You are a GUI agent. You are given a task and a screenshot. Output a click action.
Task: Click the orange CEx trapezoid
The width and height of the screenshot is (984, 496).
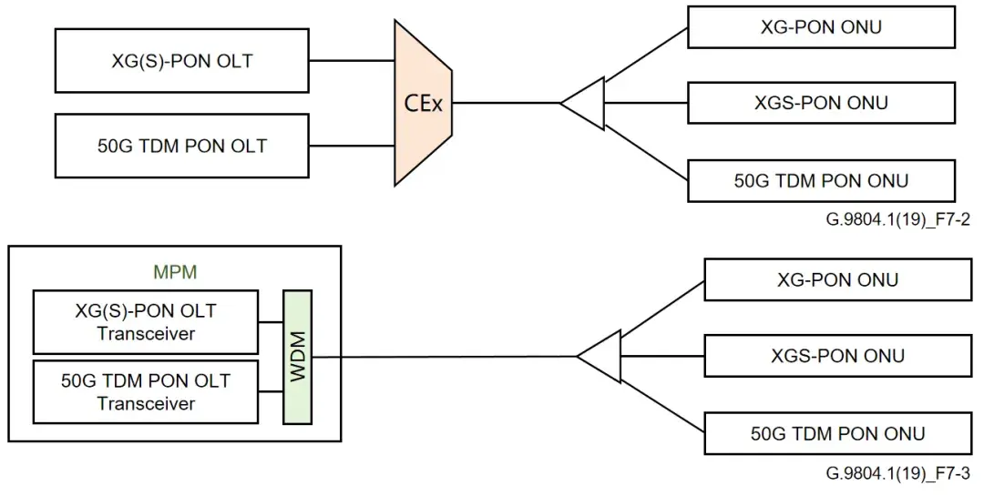click(423, 103)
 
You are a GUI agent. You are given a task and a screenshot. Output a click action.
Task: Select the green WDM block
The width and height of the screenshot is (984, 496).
click(297, 357)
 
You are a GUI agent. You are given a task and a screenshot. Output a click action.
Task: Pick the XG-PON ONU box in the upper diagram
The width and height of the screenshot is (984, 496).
click(821, 27)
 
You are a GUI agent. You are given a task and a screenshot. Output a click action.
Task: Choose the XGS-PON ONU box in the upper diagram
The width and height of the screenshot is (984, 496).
click(821, 103)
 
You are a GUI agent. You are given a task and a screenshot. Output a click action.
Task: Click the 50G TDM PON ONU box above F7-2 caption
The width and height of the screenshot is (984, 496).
click(821, 180)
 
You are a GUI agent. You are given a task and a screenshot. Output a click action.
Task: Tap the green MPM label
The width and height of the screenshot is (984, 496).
click(175, 271)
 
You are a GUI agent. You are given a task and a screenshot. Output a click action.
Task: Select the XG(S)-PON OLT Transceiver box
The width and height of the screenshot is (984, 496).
click(145, 322)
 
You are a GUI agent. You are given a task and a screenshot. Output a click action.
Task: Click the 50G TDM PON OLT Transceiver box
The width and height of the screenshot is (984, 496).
click(145, 390)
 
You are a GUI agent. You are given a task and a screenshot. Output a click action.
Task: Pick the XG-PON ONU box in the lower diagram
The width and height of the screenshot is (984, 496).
click(837, 279)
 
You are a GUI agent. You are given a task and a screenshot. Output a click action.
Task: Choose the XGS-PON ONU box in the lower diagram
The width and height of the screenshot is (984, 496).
click(837, 355)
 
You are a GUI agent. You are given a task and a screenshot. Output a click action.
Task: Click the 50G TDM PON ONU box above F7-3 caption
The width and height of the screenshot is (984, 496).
click(837, 433)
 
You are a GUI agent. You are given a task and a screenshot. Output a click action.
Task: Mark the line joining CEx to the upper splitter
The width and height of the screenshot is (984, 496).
click(506, 103)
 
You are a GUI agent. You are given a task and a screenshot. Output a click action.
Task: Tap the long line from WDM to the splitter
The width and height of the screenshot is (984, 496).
click(446, 357)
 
